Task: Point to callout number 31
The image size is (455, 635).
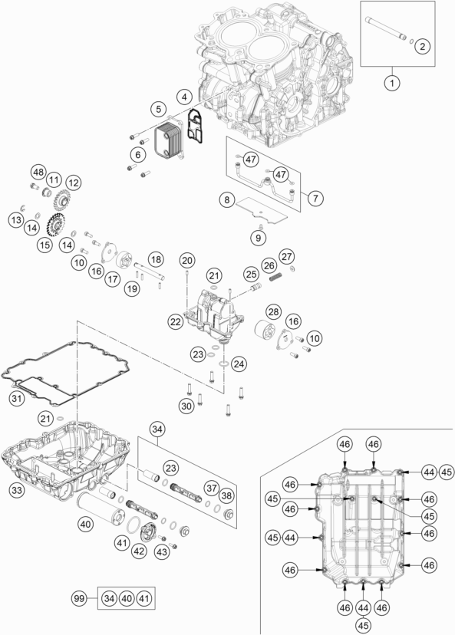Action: click(x=16, y=397)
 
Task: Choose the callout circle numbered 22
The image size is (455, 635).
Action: click(x=176, y=323)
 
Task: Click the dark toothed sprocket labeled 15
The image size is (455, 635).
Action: click(x=54, y=225)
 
